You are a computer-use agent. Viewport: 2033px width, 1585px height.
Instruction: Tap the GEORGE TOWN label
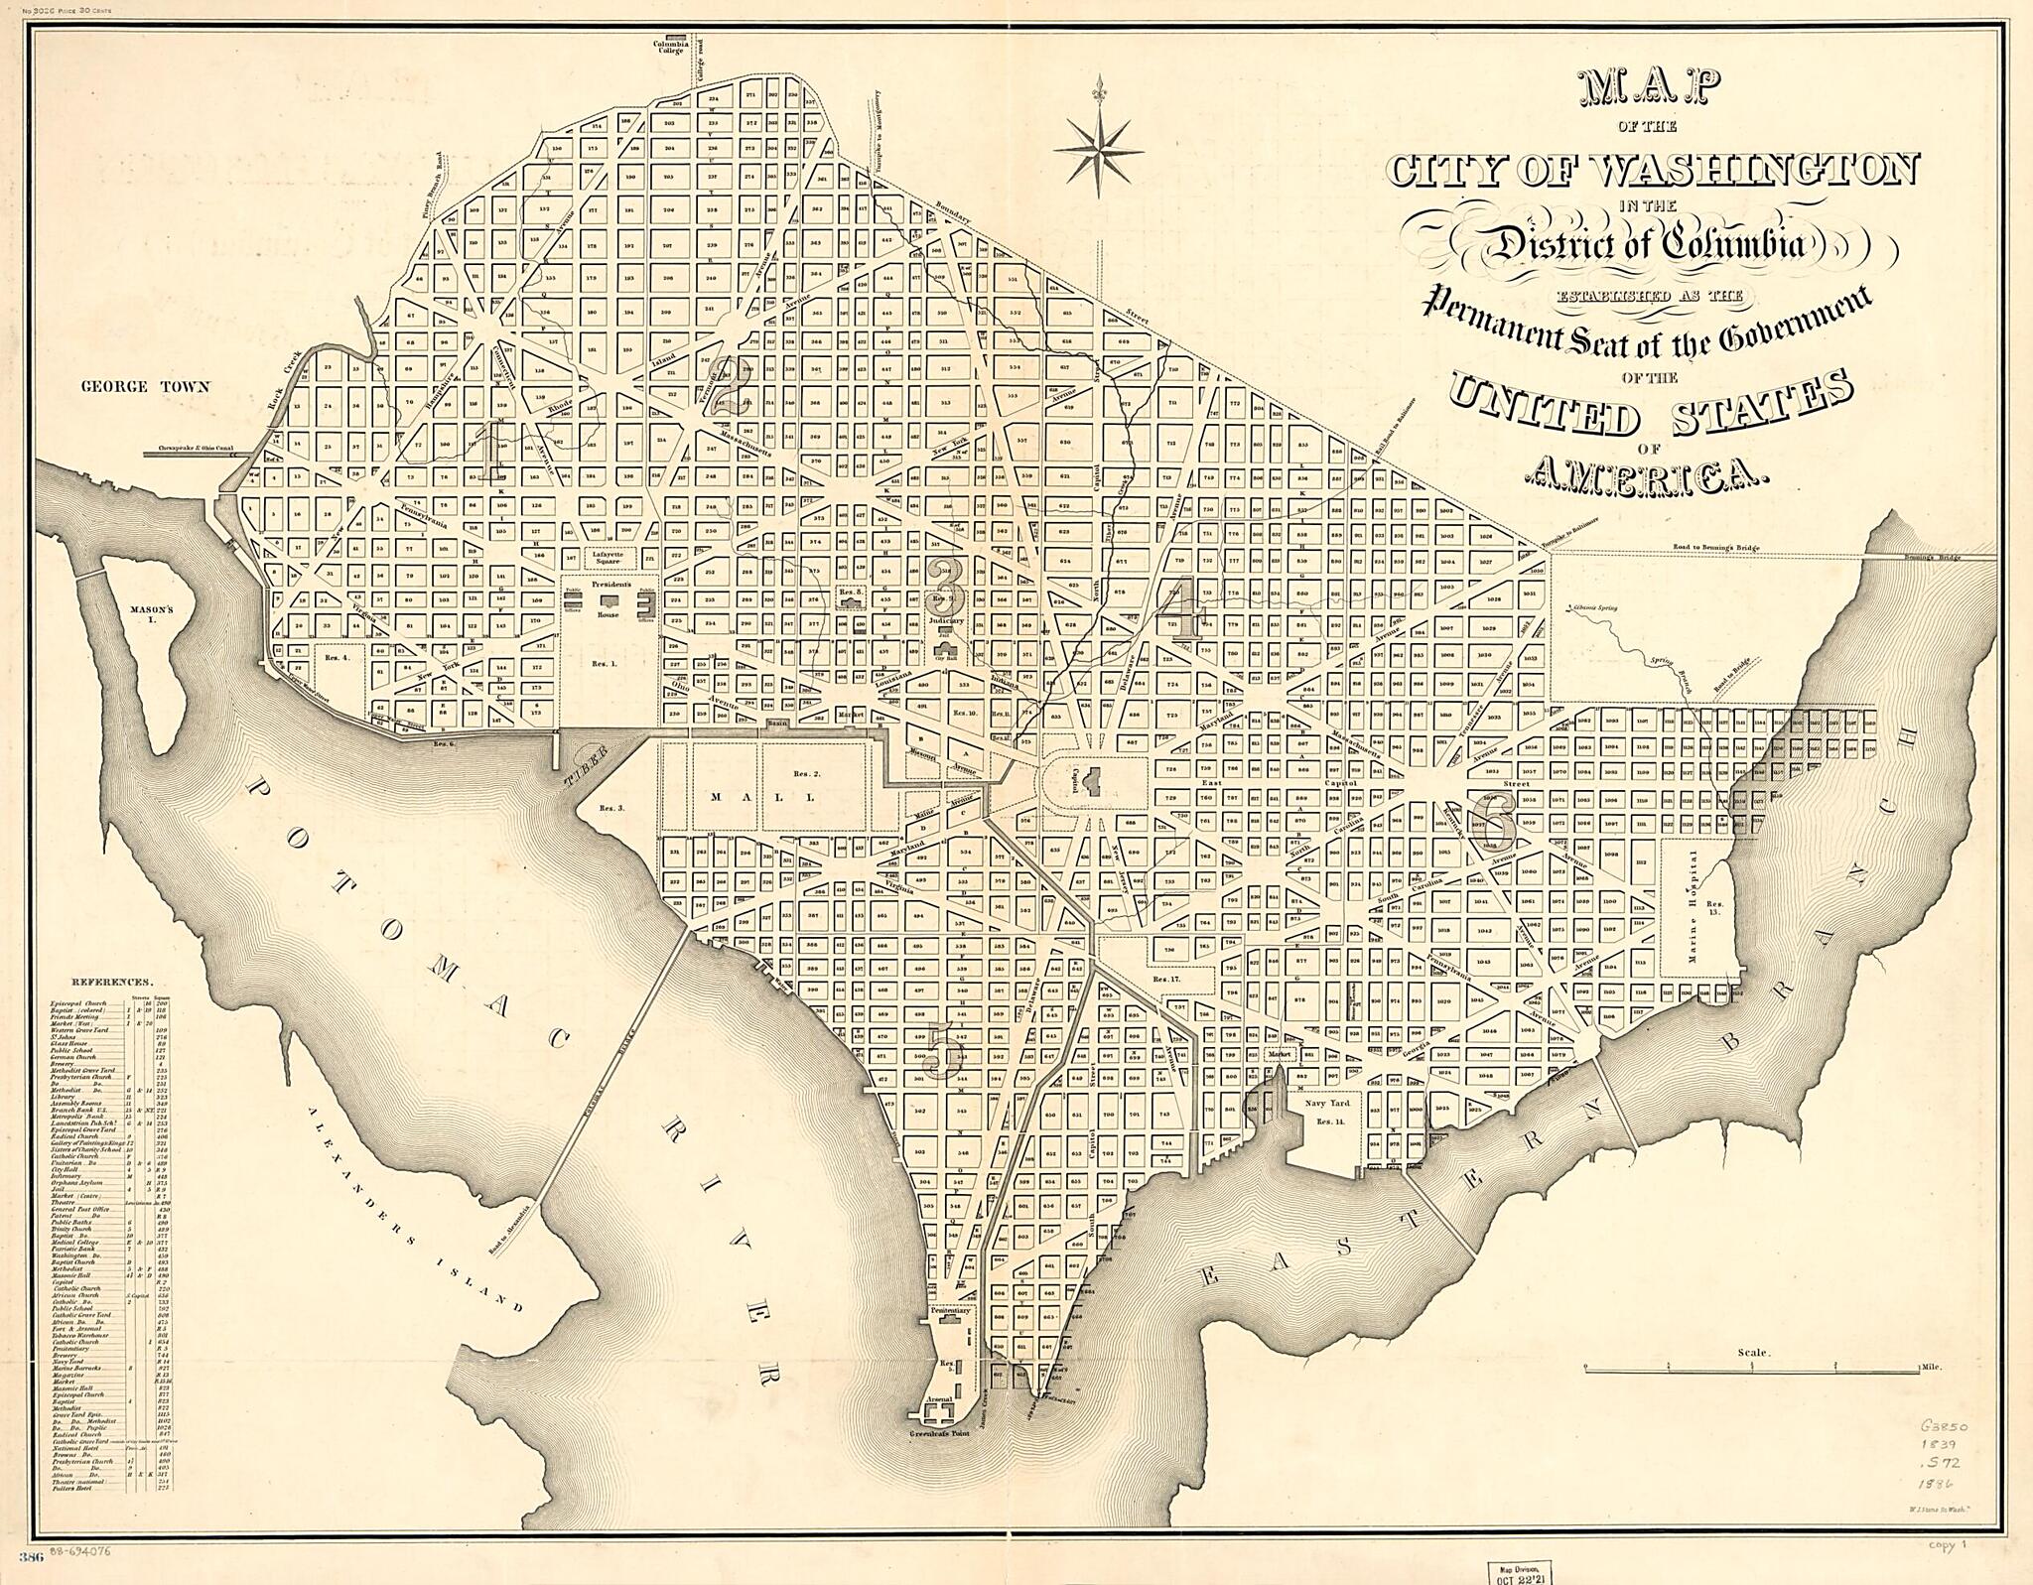[145, 387]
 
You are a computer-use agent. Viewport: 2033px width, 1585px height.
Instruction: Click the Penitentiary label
[950, 1311]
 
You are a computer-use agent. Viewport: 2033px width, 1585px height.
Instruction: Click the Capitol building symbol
[1096, 784]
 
